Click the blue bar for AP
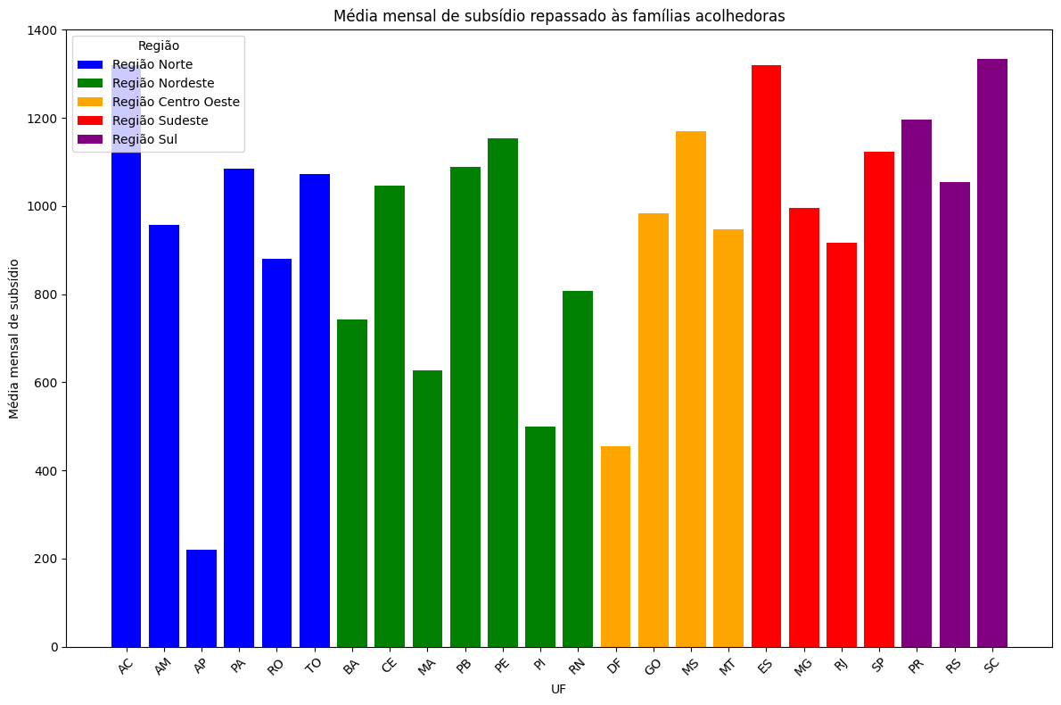point(202,598)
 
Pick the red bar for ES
point(766,356)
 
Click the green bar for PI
point(540,536)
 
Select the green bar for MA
point(427,509)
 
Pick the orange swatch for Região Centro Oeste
point(90,102)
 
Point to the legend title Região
point(159,46)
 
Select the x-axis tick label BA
point(350,665)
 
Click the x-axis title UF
point(559,689)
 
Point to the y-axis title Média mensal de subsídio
point(14,338)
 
